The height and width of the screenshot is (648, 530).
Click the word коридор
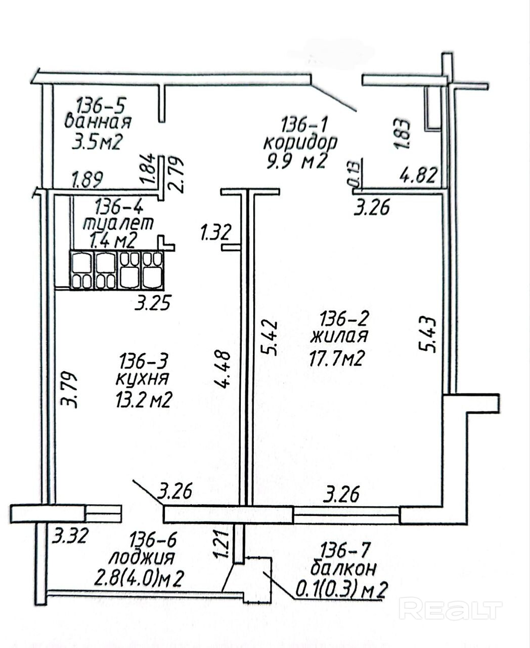[x=300, y=142]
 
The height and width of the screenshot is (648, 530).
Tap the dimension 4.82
[x=417, y=176]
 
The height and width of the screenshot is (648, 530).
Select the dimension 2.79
[x=178, y=174]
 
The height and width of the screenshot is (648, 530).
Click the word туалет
[x=117, y=223]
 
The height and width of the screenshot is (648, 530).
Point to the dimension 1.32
[x=215, y=233]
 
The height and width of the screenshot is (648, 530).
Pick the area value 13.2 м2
[x=144, y=400]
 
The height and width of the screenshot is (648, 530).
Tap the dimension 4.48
[x=224, y=370]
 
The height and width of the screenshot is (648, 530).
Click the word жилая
[x=339, y=336]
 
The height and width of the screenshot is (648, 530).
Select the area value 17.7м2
[x=337, y=358]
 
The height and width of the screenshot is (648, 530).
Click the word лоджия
[x=142, y=558]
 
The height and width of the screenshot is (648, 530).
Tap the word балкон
[x=343, y=569]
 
